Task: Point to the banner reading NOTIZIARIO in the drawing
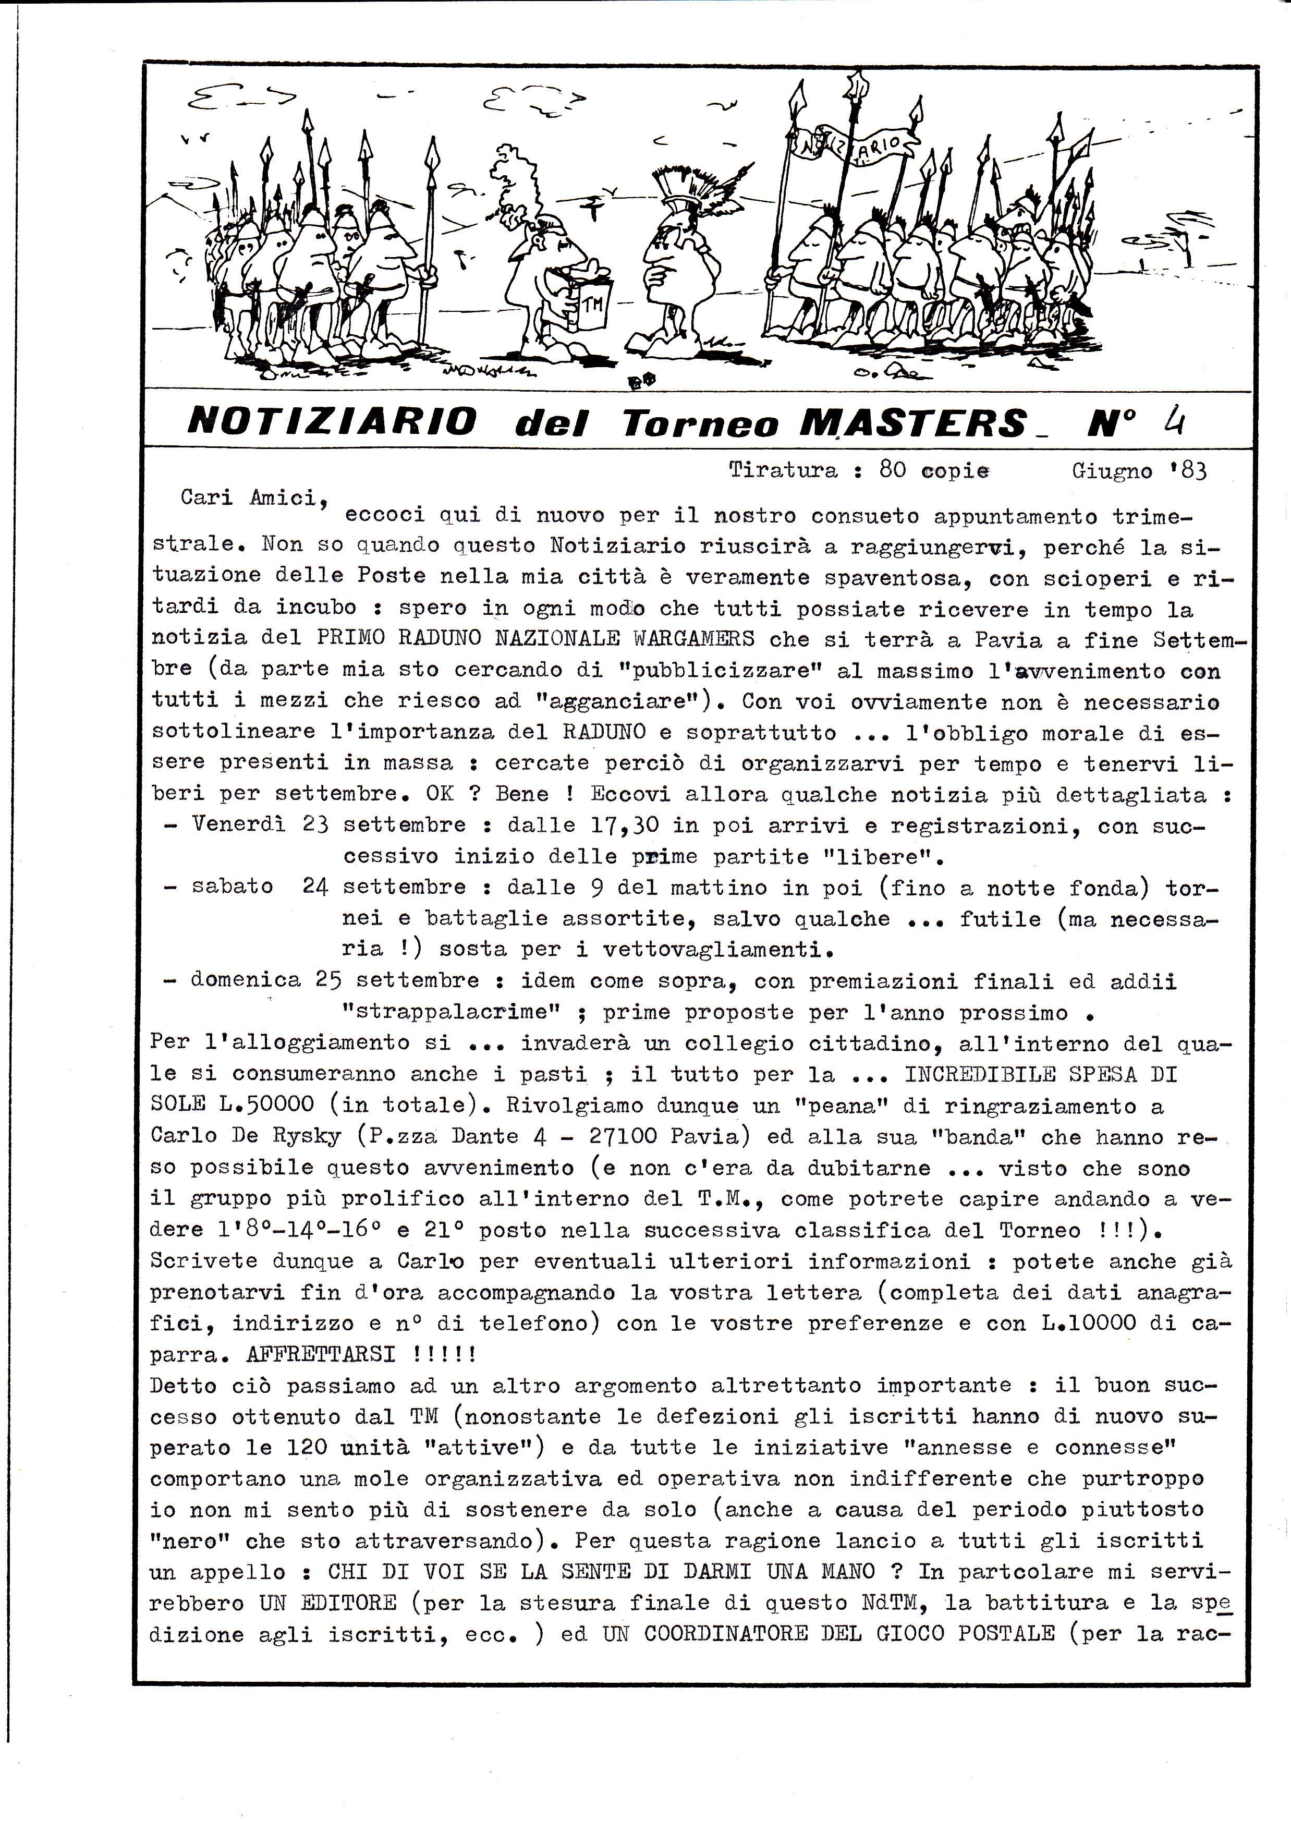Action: (855, 147)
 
